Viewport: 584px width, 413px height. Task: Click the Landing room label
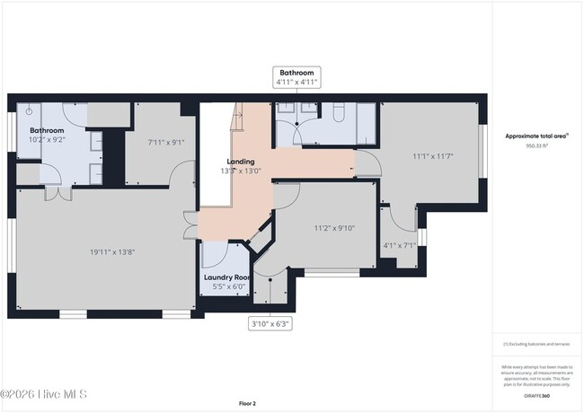click(x=240, y=162)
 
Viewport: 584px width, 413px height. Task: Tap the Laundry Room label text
click(x=226, y=277)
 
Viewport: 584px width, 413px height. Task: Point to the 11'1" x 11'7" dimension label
click(x=432, y=156)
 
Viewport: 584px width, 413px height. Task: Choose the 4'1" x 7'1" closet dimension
click(x=400, y=244)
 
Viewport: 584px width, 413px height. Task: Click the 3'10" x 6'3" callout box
click(x=270, y=322)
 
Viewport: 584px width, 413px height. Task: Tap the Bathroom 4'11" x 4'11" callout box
click(x=296, y=76)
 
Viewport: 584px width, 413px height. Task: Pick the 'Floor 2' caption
click(x=247, y=403)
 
